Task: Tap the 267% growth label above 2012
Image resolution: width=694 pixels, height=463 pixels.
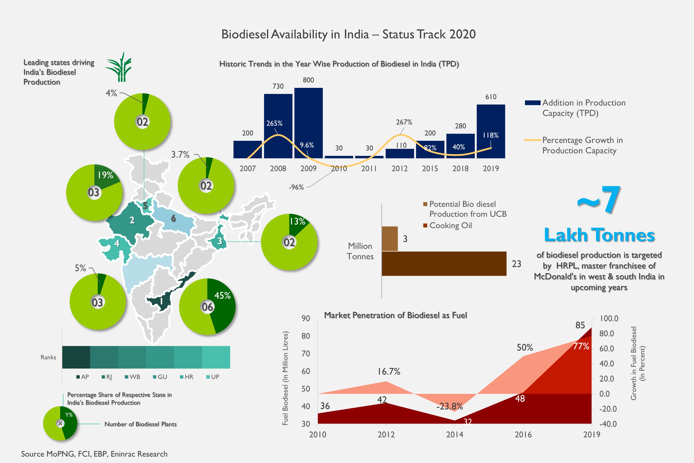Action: (404, 122)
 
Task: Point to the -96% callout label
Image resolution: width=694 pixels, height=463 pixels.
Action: (296, 187)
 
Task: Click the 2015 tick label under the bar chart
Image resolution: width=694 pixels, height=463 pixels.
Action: (430, 169)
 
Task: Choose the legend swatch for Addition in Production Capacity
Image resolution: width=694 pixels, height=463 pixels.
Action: (532, 103)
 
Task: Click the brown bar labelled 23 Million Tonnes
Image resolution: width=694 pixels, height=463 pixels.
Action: (444, 264)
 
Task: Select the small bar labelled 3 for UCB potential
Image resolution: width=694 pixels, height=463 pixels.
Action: (389, 239)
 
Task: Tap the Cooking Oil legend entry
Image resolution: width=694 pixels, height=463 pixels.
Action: (450, 226)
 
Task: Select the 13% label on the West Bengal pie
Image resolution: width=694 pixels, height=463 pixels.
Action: (297, 222)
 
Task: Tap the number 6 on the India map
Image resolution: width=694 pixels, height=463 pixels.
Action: (174, 219)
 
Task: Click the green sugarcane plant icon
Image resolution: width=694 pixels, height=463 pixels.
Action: (119, 67)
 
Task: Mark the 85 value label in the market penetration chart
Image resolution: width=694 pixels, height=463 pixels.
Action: (580, 325)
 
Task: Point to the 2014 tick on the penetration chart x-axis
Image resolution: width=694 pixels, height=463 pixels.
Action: (454, 434)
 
